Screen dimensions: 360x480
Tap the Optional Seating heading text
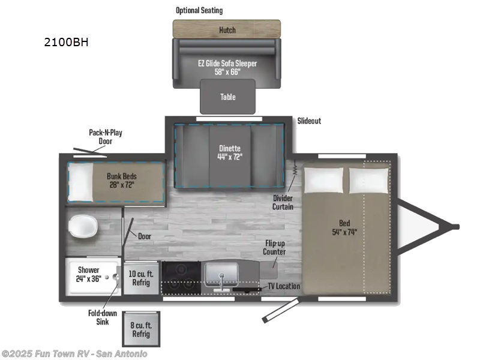coord(199,10)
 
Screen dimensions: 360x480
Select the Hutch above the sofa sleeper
coord(227,29)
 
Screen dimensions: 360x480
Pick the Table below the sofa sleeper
coord(227,97)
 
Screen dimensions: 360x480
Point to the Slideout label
coord(309,121)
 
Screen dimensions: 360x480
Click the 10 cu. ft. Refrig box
coord(140,278)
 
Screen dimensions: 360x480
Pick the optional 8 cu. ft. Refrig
coord(141,329)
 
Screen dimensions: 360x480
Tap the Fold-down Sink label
coord(102,317)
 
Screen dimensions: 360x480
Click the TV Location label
coord(283,286)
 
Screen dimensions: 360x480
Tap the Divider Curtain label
coord(283,202)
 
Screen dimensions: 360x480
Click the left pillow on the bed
coord(324,180)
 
